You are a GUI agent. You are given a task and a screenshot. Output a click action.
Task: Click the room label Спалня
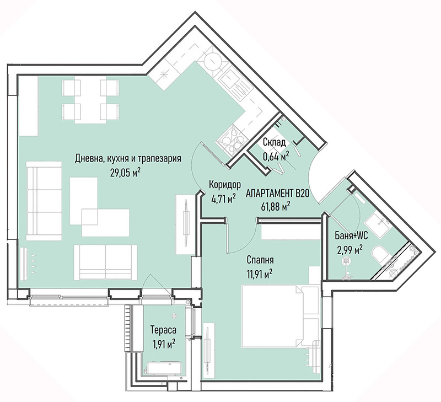(260, 260)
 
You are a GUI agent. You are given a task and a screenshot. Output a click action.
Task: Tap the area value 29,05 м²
(126, 172)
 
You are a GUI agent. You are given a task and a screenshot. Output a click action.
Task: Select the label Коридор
(225, 185)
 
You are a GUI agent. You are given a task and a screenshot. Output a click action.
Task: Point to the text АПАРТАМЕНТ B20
(278, 194)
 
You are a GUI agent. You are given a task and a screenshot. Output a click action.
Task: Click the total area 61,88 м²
(276, 207)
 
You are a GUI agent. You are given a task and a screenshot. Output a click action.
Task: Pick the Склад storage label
(274, 142)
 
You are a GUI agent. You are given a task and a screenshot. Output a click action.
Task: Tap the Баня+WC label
(351, 236)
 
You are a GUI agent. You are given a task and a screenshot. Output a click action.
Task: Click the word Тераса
(163, 329)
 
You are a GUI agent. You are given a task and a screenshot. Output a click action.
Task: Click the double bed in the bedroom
(281, 316)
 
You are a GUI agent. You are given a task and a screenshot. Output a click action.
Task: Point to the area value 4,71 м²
(223, 199)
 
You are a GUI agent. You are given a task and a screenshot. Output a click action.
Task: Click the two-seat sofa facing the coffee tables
(105, 262)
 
